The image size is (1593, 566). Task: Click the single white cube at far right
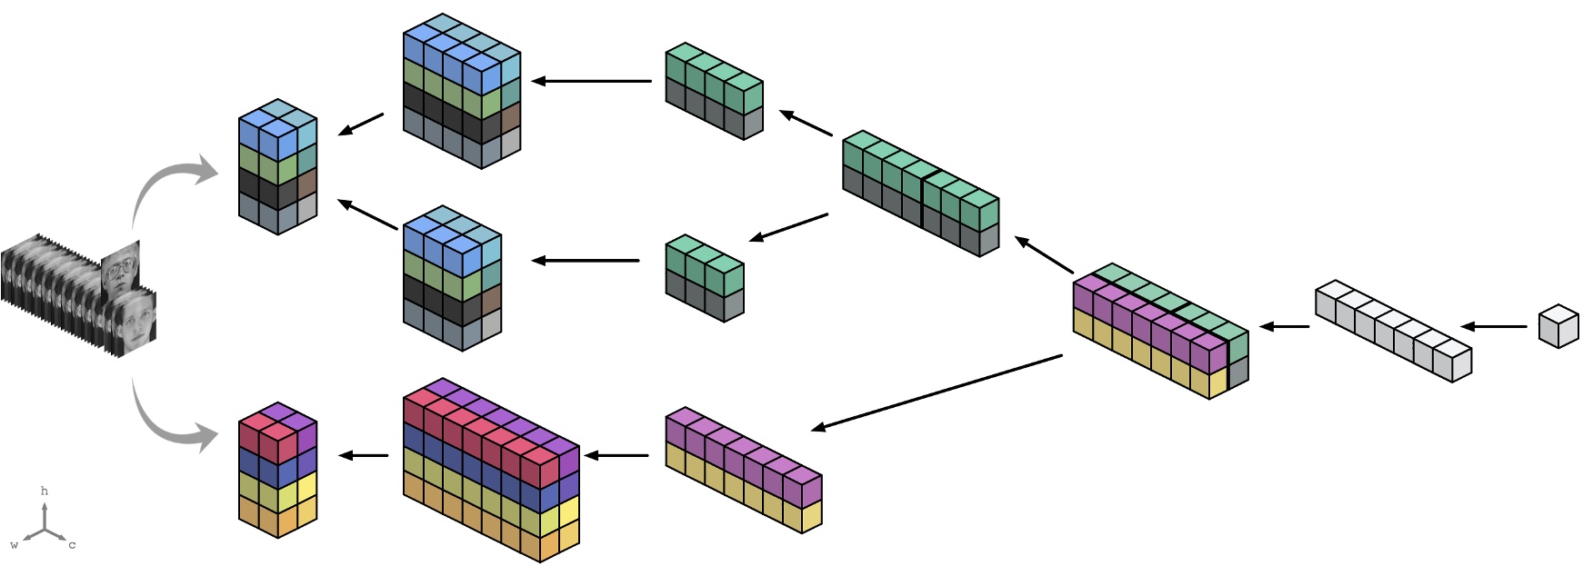1558,327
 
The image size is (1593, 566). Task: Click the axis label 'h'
44,492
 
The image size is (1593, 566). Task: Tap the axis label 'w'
14,545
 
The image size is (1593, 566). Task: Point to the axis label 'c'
72,545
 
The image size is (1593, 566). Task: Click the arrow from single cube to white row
1494,326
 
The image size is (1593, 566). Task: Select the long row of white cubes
1393,331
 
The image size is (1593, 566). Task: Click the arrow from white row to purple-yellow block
1285,326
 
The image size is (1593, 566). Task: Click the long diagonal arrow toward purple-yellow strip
937,392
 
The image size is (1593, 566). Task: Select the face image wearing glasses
120,270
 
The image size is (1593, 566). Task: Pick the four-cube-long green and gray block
714,91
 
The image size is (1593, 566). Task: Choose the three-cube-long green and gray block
705,278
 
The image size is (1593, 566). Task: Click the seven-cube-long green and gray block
920,194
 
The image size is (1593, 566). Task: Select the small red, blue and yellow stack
277,470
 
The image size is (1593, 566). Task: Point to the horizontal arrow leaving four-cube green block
591,81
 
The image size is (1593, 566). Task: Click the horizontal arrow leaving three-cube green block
586,261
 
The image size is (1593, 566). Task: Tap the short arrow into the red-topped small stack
364,455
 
